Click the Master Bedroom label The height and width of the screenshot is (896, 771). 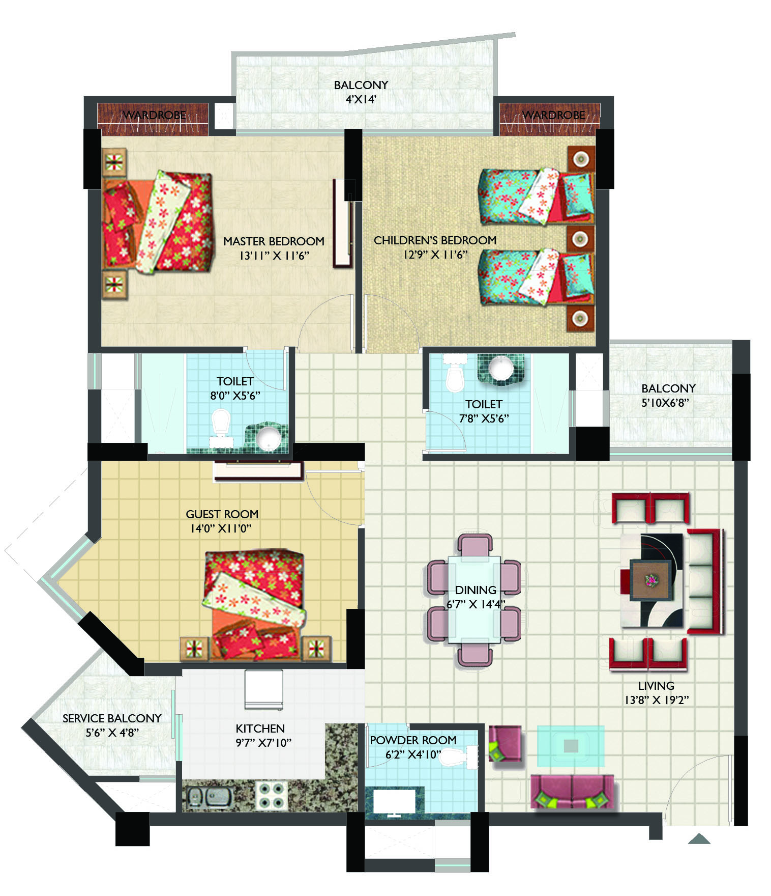[274, 241]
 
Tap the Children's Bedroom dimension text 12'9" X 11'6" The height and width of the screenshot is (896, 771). [435, 255]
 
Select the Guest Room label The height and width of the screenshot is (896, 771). [222, 514]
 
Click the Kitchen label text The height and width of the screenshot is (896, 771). [260, 729]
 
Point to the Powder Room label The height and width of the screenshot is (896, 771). [413, 740]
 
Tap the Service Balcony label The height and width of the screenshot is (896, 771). [112, 718]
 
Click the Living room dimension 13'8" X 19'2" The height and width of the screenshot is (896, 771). [657, 700]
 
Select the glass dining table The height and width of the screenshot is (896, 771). [474, 600]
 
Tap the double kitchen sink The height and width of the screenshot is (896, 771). [210, 797]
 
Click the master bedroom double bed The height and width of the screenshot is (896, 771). [158, 222]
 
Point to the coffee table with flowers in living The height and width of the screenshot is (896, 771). [650, 580]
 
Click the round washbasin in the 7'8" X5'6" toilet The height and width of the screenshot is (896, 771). [501, 368]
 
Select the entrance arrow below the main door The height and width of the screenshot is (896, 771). [699, 838]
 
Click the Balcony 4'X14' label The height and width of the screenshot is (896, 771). [361, 92]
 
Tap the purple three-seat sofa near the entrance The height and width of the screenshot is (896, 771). [572, 792]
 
